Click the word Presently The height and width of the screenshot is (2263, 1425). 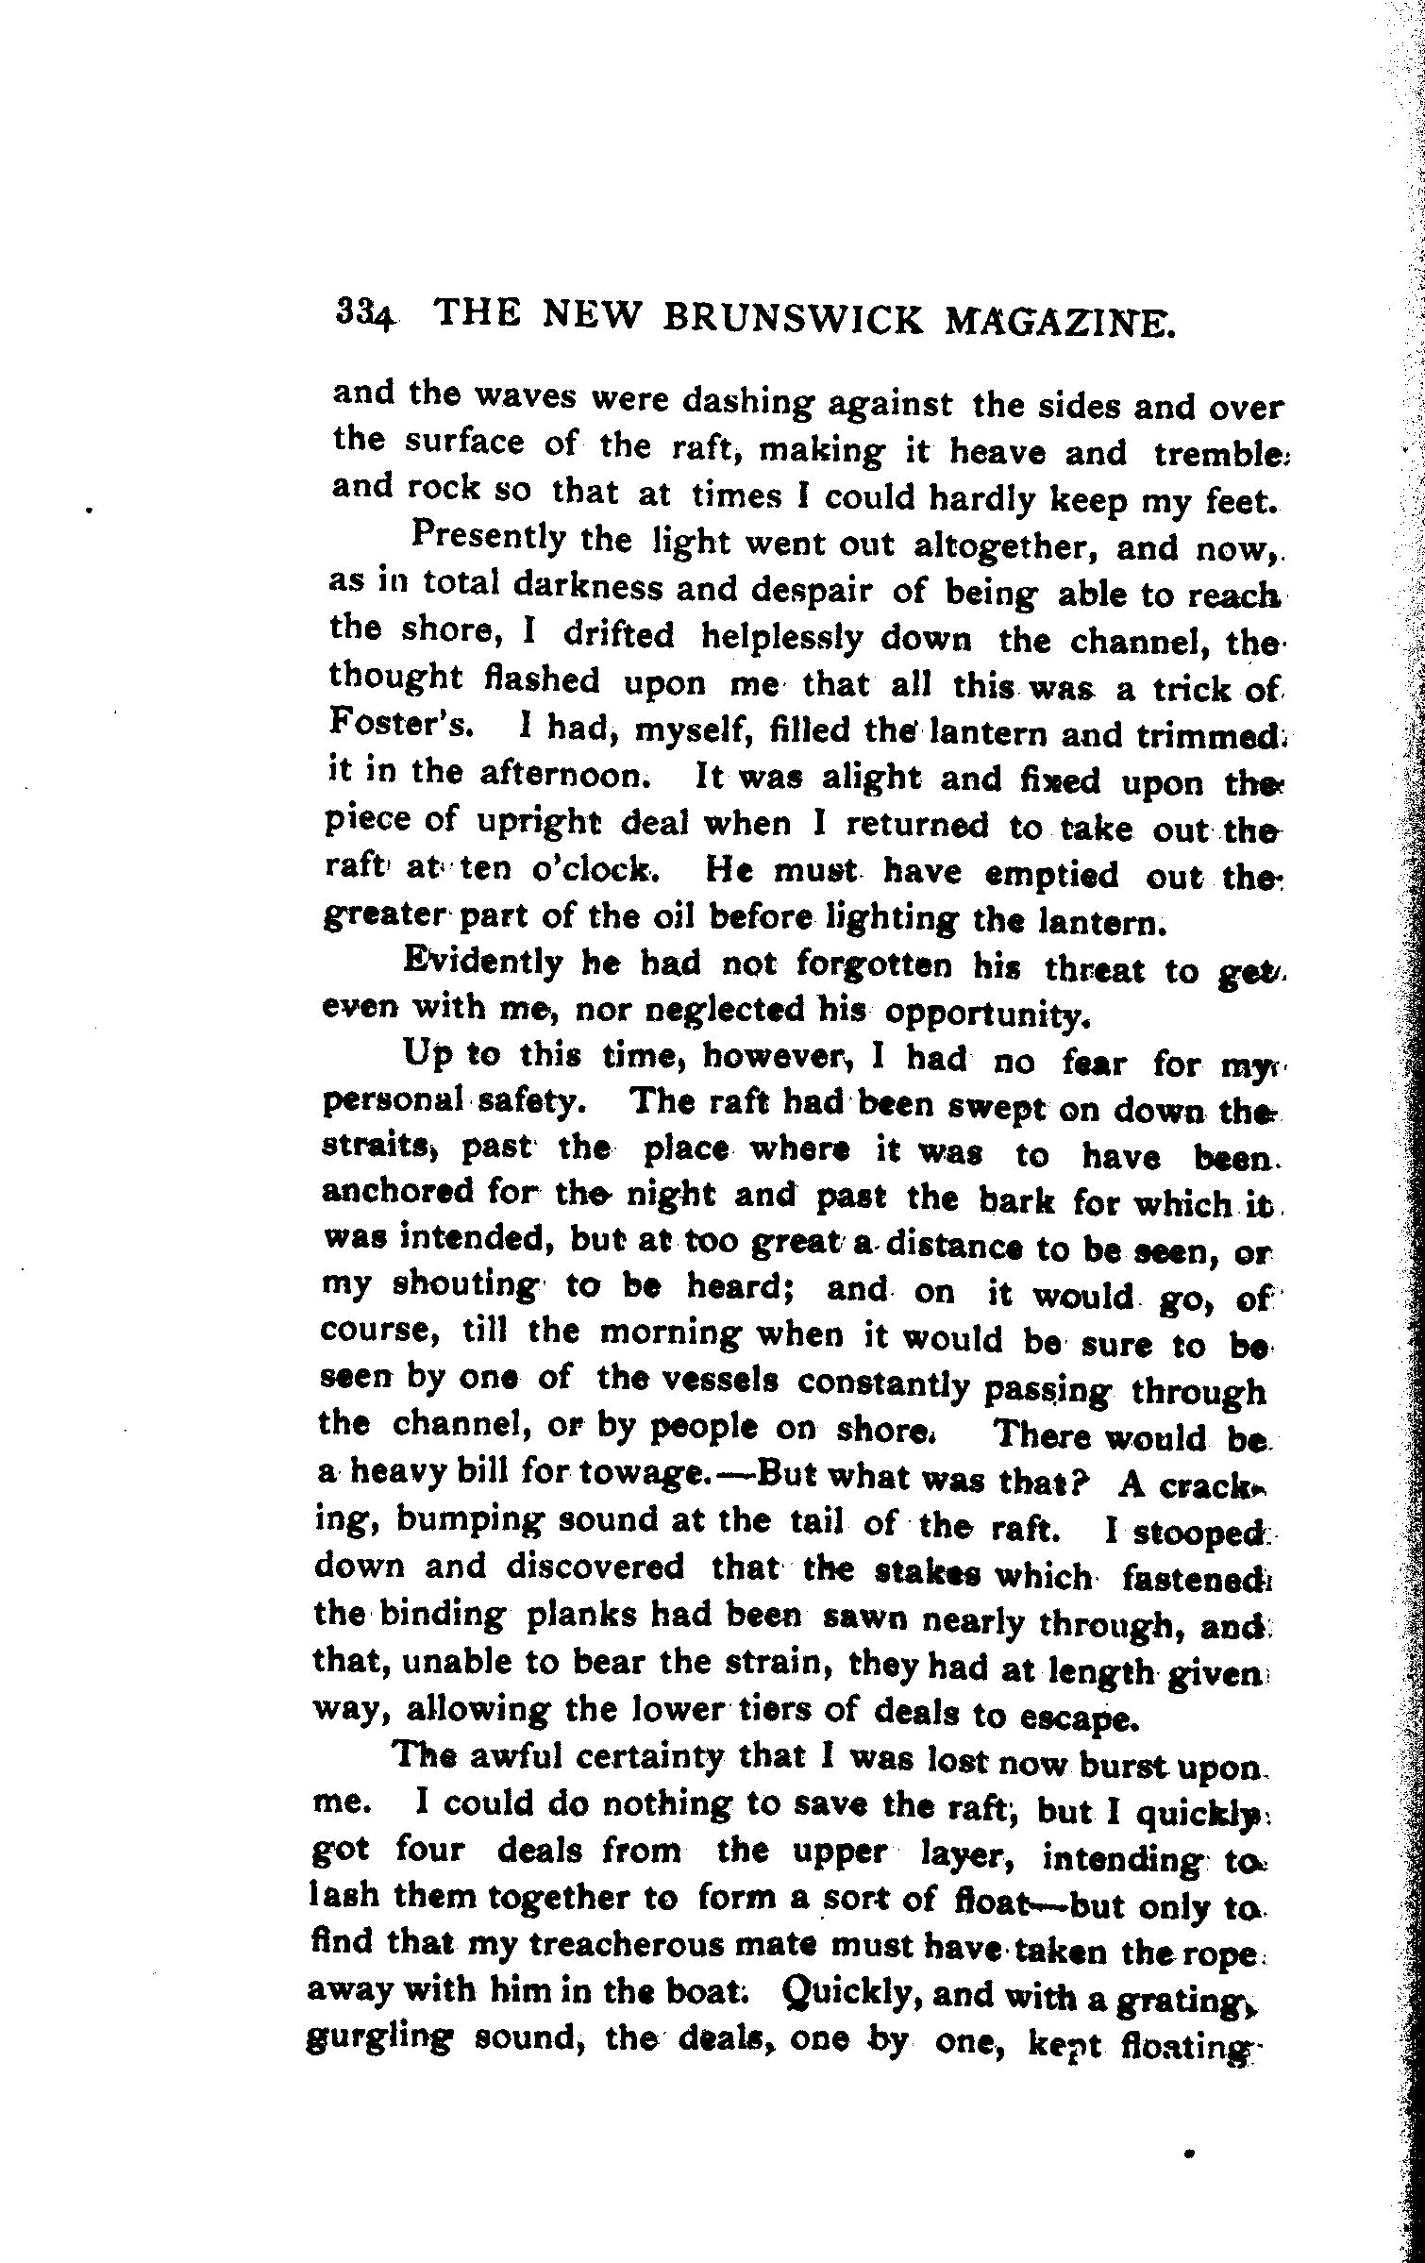pyautogui.click(x=487, y=539)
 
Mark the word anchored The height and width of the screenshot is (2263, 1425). pyautogui.click(x=397, y=1193)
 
